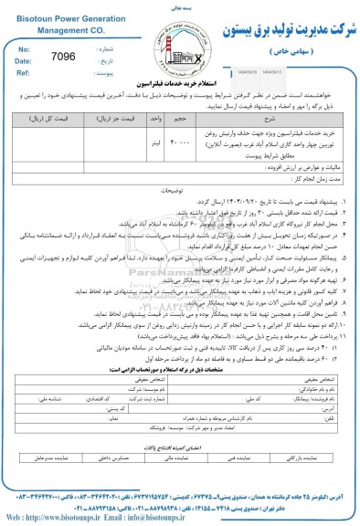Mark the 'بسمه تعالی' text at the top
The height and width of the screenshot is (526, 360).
[x=180, y=5]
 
